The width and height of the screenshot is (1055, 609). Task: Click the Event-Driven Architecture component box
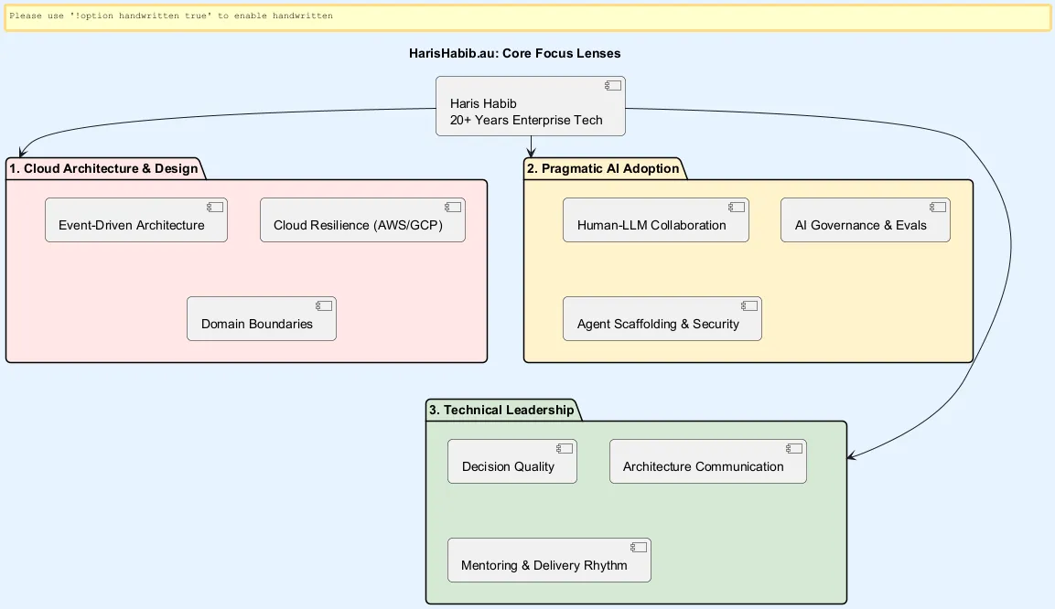(136, 219)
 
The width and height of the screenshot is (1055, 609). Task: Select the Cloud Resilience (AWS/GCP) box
(362, 219)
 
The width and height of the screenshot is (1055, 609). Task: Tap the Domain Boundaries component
(262, 318)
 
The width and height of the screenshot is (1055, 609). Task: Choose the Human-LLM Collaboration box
(656, 219)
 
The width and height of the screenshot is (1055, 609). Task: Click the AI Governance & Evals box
(866, 219)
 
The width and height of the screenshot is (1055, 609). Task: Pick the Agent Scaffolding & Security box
(662, 318)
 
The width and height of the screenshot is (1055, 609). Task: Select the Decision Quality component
(512, 461)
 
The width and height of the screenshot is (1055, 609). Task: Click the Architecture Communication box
(708, 461)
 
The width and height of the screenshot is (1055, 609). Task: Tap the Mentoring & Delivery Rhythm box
(549, 560)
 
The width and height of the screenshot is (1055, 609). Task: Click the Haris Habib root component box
(530, 106)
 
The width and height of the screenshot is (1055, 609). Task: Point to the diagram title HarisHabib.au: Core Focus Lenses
(515, 54)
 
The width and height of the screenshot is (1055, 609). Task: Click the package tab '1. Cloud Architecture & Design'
(105, 169)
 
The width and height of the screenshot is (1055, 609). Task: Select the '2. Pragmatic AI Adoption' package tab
(604, 169)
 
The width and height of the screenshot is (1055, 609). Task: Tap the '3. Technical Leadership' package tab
(502, 410)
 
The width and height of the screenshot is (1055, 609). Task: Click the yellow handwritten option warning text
(171, 16)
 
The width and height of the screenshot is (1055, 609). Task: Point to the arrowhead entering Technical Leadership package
(851, 456)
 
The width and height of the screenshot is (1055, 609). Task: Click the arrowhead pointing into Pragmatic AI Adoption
(531, 153)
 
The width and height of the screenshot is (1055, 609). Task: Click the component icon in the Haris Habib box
(613, 85)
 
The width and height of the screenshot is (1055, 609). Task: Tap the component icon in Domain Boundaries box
(324, 305)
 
